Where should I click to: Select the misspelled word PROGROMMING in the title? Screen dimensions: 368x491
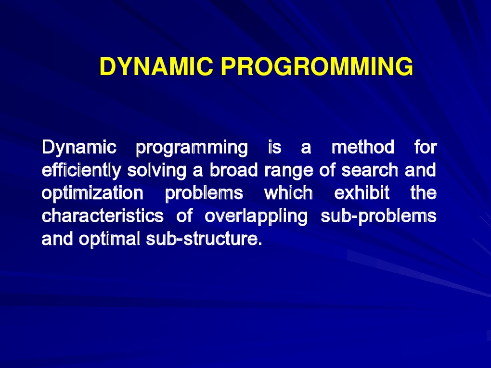click(x=316, y=67)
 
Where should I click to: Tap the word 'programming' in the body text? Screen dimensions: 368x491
click(x=192, y=147)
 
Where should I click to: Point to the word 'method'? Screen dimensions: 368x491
click(x=363, y=147)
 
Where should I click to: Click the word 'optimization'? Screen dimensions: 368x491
click(x=92, y=193)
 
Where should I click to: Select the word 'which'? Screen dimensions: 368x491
click(x=288, y=193)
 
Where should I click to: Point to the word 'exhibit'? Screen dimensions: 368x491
click(x=362, y=193)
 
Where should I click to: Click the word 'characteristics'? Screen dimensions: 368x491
click(x=103, y=216)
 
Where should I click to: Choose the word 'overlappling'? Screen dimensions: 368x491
click(x=256, y=216)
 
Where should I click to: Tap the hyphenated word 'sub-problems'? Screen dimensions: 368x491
click(x=378, y=216)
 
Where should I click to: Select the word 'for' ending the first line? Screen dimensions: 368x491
click(x=425, y=147)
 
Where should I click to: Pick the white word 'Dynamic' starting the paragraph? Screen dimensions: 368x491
click(x=79, y=147)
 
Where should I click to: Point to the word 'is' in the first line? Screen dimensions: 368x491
click(x=274, y=147)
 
